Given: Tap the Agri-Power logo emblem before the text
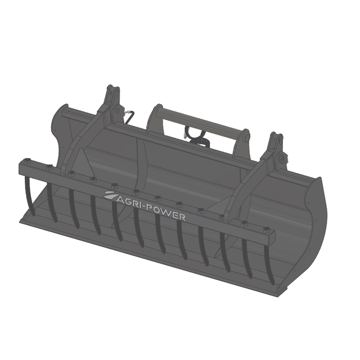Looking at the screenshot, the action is point(110,195).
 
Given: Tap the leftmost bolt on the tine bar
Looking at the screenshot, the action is point(26,160).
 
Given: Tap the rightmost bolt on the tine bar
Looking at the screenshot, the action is point(266,229).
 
